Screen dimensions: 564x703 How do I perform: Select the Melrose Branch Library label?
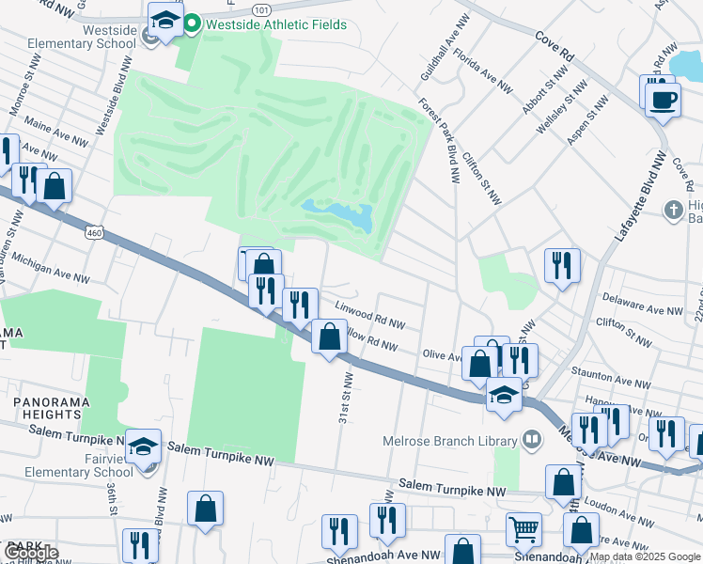pos(458,440)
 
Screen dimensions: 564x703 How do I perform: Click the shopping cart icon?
pos(523,529)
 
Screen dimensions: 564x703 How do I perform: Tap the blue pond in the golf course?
pos(340,215)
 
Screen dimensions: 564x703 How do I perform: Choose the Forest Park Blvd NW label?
pos(439,140)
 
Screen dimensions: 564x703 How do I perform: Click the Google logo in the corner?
pos(30,553)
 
